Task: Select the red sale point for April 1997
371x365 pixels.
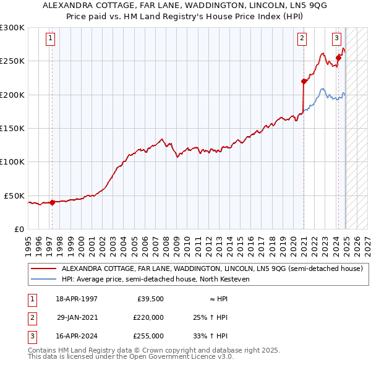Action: [x=52, y=202]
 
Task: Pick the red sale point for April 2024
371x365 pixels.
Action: [x=338, y=58]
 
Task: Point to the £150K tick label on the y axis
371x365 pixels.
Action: [x=12, y=128]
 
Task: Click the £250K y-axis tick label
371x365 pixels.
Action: [x=12, y=61]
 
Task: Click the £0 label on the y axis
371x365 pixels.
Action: [x=19, y=229]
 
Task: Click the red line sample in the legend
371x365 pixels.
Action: [x=43, y=269]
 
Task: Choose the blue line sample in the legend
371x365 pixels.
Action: [x=43, y=279]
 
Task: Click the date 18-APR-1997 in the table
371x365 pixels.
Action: [x=77, y=299]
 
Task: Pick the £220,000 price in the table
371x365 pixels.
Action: [x=148, y=317]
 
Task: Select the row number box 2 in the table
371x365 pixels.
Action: [x=31, y=317]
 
